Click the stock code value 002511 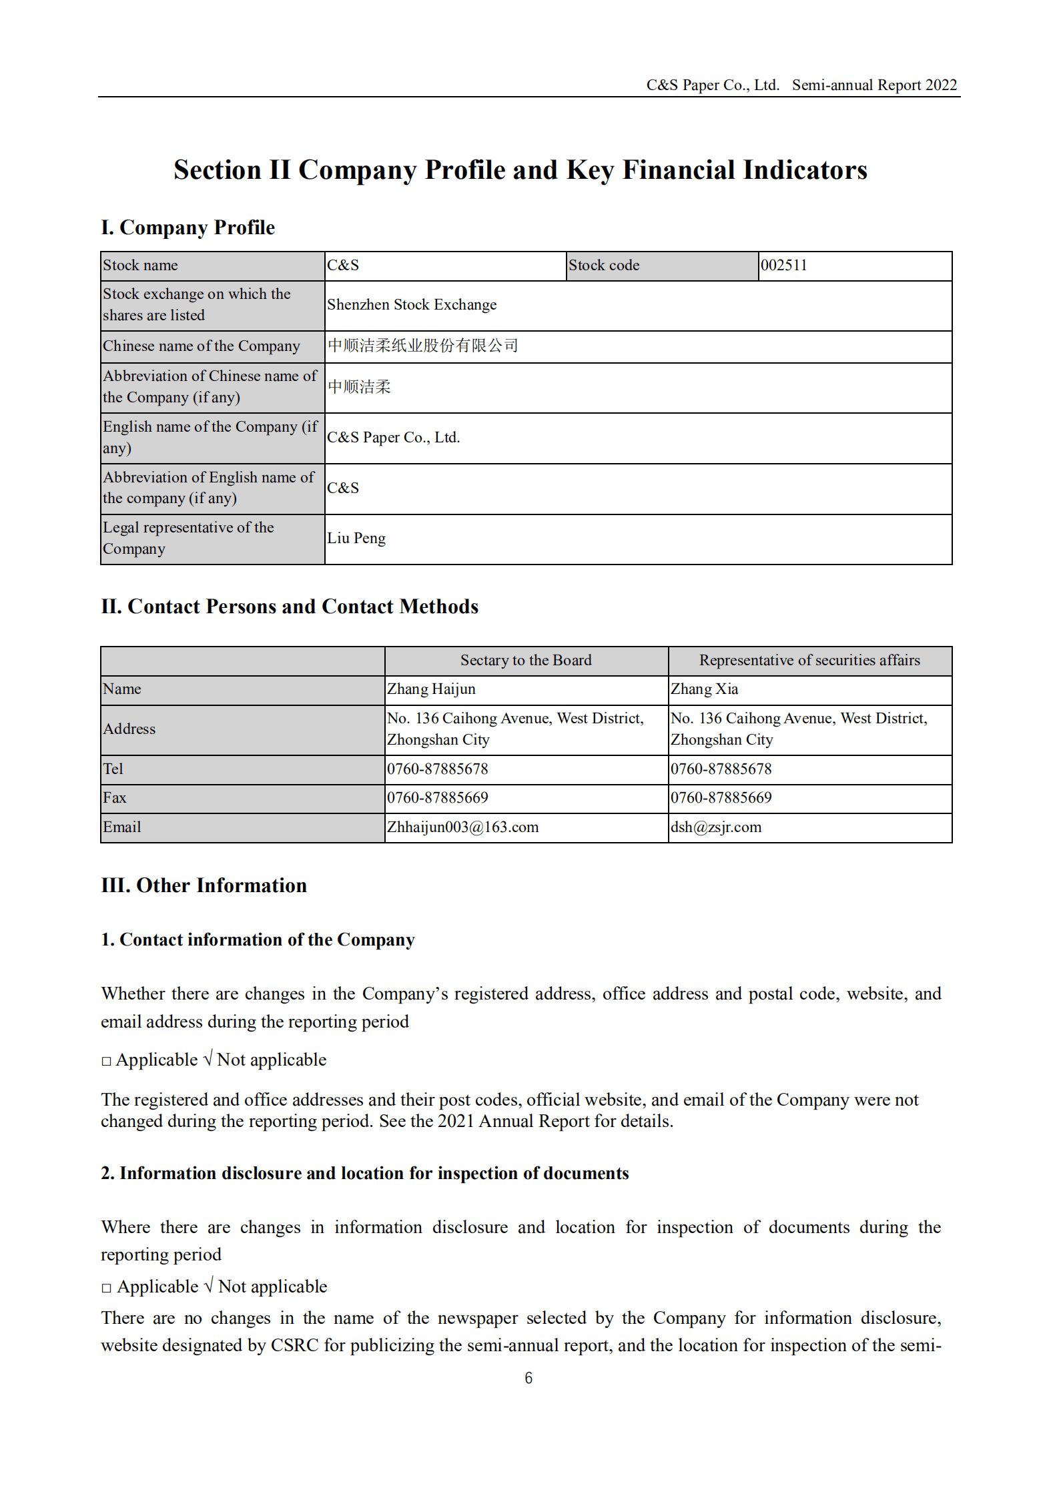784,266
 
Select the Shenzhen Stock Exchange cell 412,305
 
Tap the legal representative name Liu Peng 356,538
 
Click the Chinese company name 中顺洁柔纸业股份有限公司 423,346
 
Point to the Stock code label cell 604,266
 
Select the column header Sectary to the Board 526,661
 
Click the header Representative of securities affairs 809,661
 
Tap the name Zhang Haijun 431,689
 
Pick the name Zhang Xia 704,689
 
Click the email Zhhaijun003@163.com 462,827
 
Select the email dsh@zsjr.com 715,827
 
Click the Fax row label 115,798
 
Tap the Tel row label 113,769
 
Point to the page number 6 528,1379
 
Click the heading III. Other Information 204,885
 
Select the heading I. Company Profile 188,228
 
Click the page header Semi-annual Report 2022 874,85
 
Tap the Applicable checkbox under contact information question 106,1061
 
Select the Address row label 129,729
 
